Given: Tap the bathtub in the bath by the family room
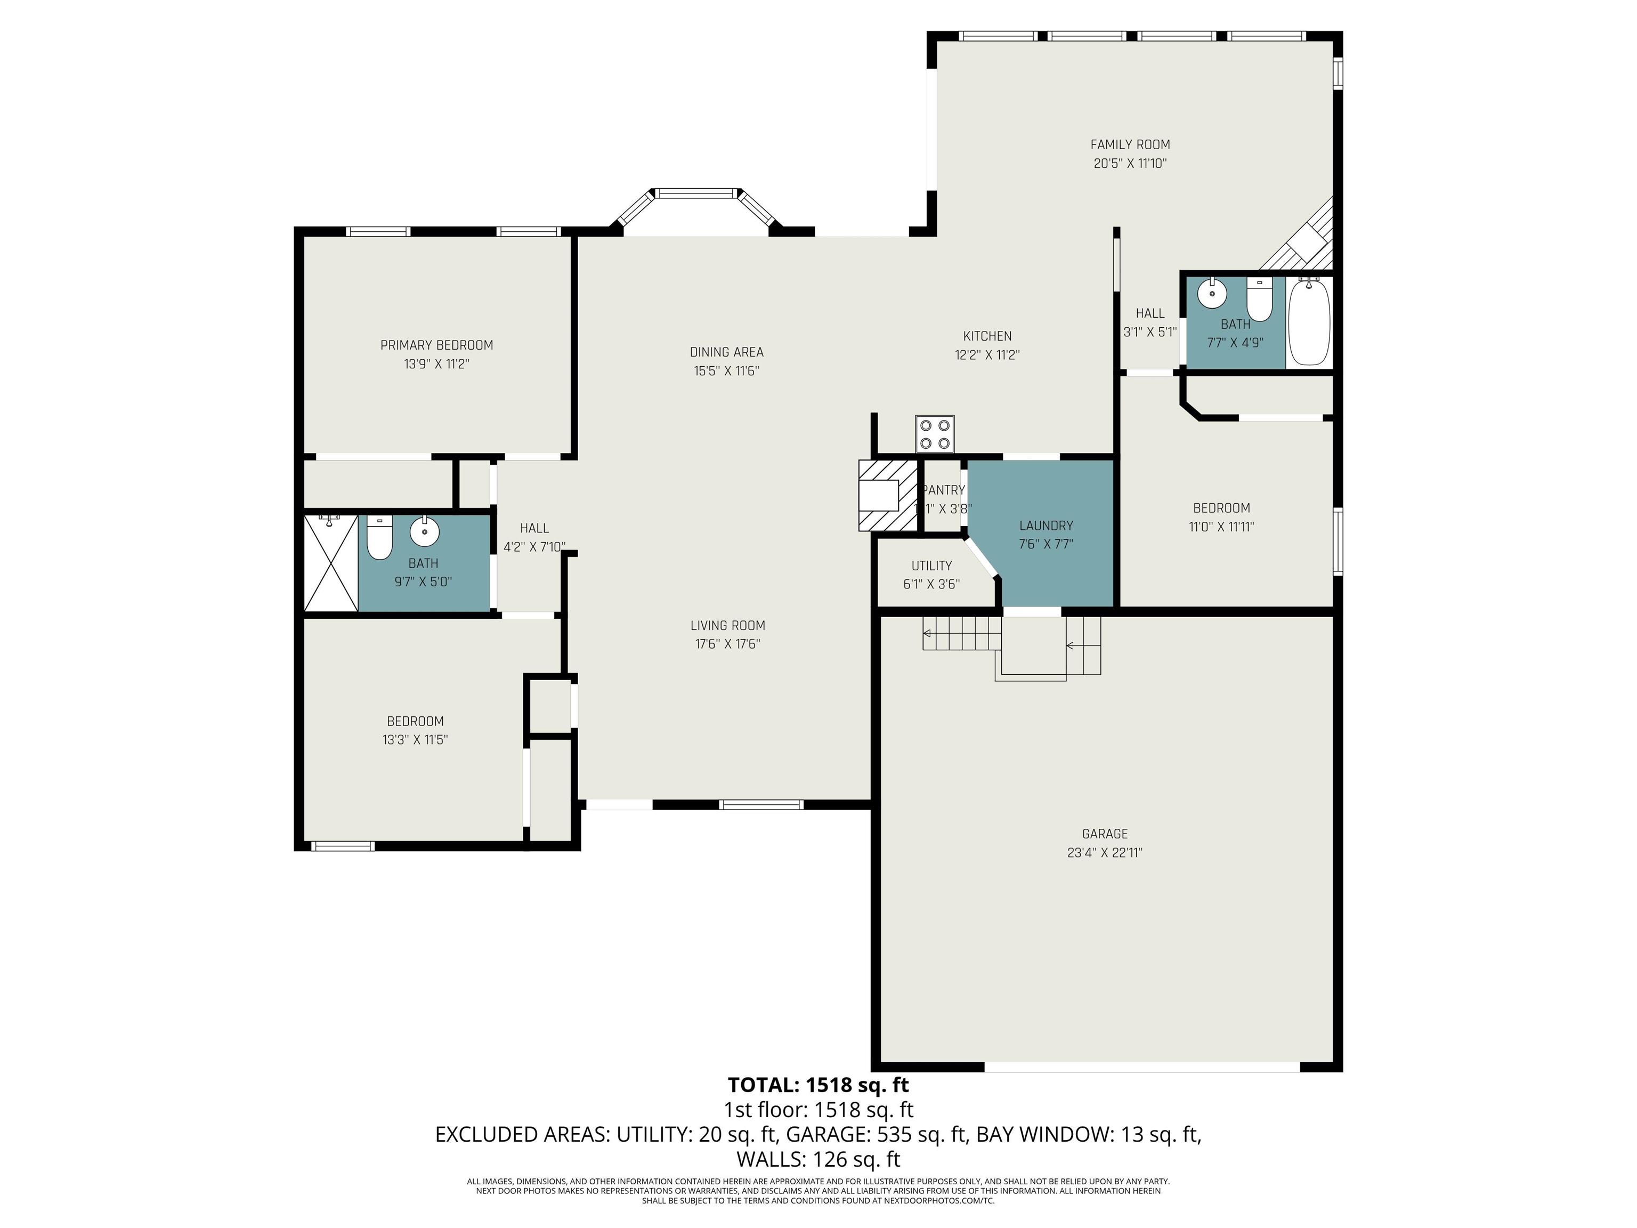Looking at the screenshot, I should [1309, 322].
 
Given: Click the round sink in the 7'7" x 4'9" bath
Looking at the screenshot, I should [1212, 294].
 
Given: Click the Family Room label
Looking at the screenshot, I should [1130, 144].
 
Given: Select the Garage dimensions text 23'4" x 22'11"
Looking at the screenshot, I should [1105, 852].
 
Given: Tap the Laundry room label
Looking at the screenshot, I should [1046, 526].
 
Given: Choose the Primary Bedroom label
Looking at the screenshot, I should [436, 345].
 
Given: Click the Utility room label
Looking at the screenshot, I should [931, 565].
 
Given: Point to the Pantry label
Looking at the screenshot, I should [944, 490].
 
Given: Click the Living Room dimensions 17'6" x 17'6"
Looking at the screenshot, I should [727, 644].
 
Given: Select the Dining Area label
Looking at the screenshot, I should [727, 352].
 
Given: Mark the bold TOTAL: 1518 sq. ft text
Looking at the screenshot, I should [818, 1085].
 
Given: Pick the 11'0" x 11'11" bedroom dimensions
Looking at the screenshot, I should [1221, 527].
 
